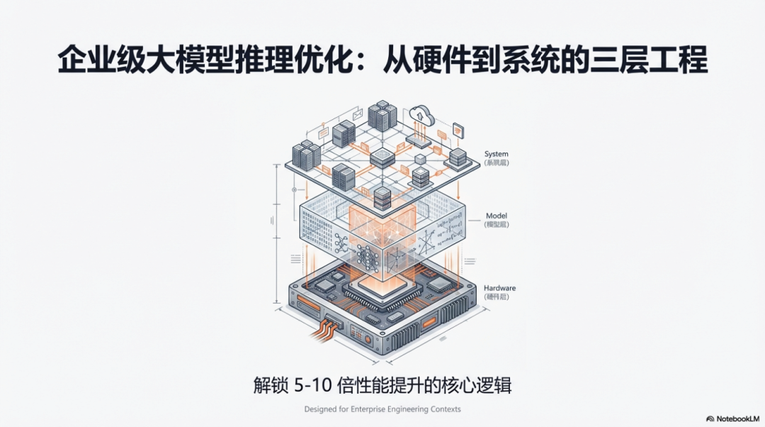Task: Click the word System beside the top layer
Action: (x=496, y=154)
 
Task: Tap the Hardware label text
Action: (x=499, y=288)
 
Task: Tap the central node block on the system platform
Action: (x=382, y=157)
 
